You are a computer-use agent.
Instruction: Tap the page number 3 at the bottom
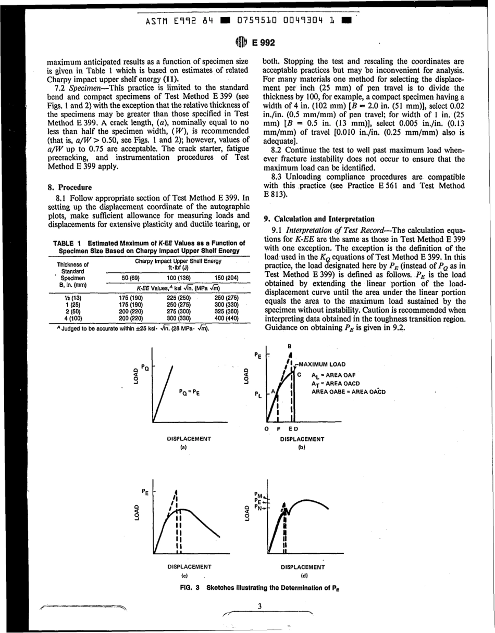[x=259, y=604]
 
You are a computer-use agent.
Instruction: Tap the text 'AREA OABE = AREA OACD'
[x=349, y=391]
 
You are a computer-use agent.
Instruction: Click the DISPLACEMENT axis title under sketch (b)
[x=302, y=439]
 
